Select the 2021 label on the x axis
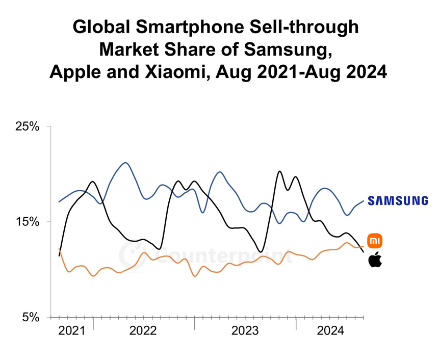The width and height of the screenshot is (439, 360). click(x=72, y=331)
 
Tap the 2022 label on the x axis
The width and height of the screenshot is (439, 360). click(x=143, y=331)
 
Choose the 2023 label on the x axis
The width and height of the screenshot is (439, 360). click(x=245, y=331)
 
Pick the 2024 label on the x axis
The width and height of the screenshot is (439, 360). click(x=330, y=331)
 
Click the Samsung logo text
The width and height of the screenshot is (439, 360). click(x=398, y=200)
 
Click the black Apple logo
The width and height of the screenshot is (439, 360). click(x=375, y=259)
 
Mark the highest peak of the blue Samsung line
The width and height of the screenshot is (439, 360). click(x=125, y=163)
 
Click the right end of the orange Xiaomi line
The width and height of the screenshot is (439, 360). click(x=363, y=246)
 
